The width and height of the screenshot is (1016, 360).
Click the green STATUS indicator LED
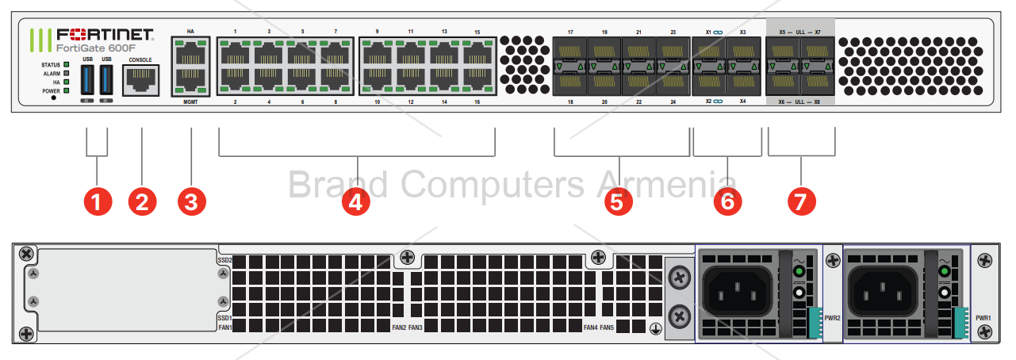(67, 63)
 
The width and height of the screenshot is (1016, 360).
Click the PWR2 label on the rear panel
(832, 317)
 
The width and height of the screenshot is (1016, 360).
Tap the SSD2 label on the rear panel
(224, 260)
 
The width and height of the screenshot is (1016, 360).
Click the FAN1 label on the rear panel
(224, 327)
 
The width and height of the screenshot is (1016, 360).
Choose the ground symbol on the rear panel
(655, 327)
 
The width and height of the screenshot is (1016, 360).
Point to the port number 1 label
(235, 32)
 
